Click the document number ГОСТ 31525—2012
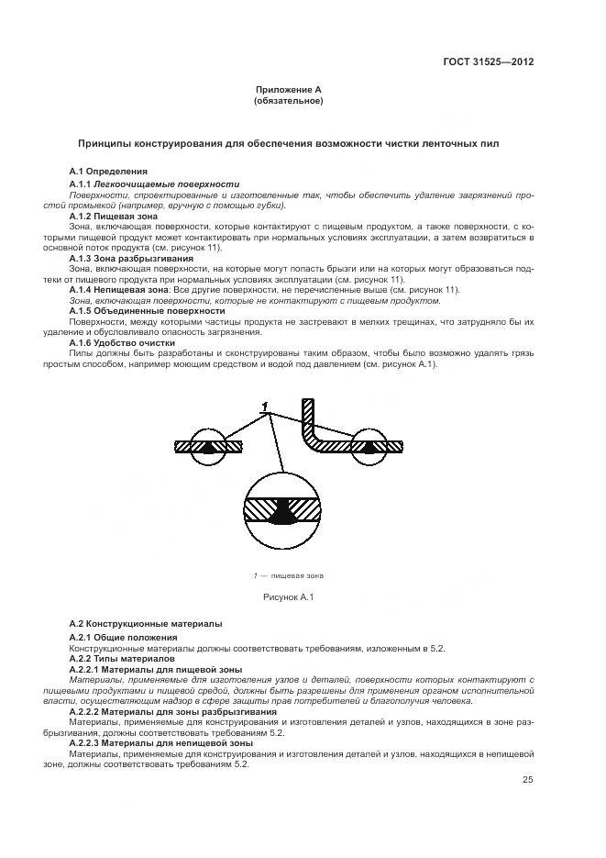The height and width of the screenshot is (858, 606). [490, 62]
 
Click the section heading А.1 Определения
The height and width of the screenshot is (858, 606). [108, 171]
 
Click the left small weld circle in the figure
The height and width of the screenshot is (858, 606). [211, 447]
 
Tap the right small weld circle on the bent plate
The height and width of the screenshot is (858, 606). [371, 447]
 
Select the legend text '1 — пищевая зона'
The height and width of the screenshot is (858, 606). [288, 575]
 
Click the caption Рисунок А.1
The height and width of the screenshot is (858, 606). [290, 597]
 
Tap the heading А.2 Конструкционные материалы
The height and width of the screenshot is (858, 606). [145, 623]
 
